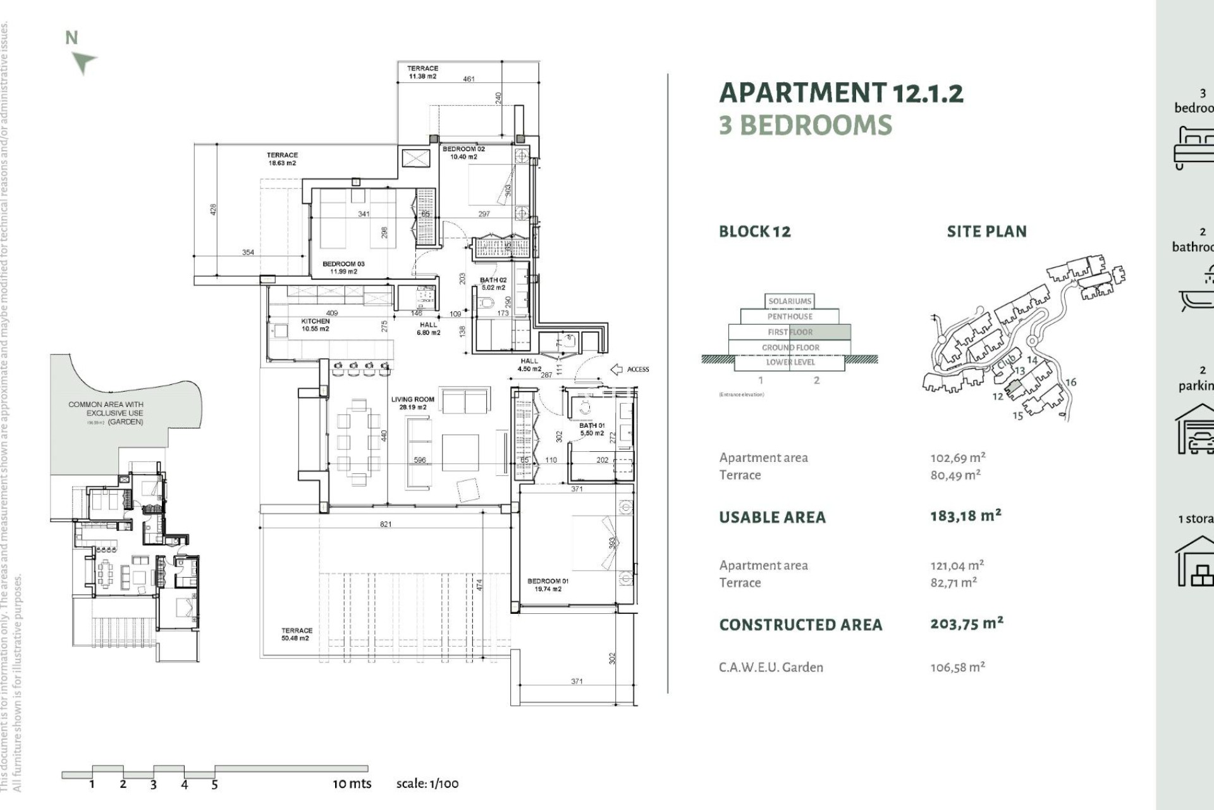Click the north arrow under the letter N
tap(83, 63)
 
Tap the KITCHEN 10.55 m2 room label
tap(315, 325)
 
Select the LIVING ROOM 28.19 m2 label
tap(412, 403)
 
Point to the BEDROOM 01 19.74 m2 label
tap(548, 585)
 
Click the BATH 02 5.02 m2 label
tap(493, 283)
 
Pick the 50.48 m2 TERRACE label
tap(297, 634)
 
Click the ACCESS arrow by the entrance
tap(616, 369)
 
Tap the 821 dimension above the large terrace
tap(386, 524)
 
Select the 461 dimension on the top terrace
tap(469, 79)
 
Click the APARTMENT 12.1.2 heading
tap(841, 93)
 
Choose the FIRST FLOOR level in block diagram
tap(790, 332)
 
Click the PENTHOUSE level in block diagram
tap(790, 316)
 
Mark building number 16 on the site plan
tap(1070, 382)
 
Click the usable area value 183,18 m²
tap(966, 516)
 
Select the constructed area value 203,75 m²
tap(966, 624)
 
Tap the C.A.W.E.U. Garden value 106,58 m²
tap(957, 667)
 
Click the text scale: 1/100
tap(427, 783)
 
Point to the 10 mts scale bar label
tap(352, 783)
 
